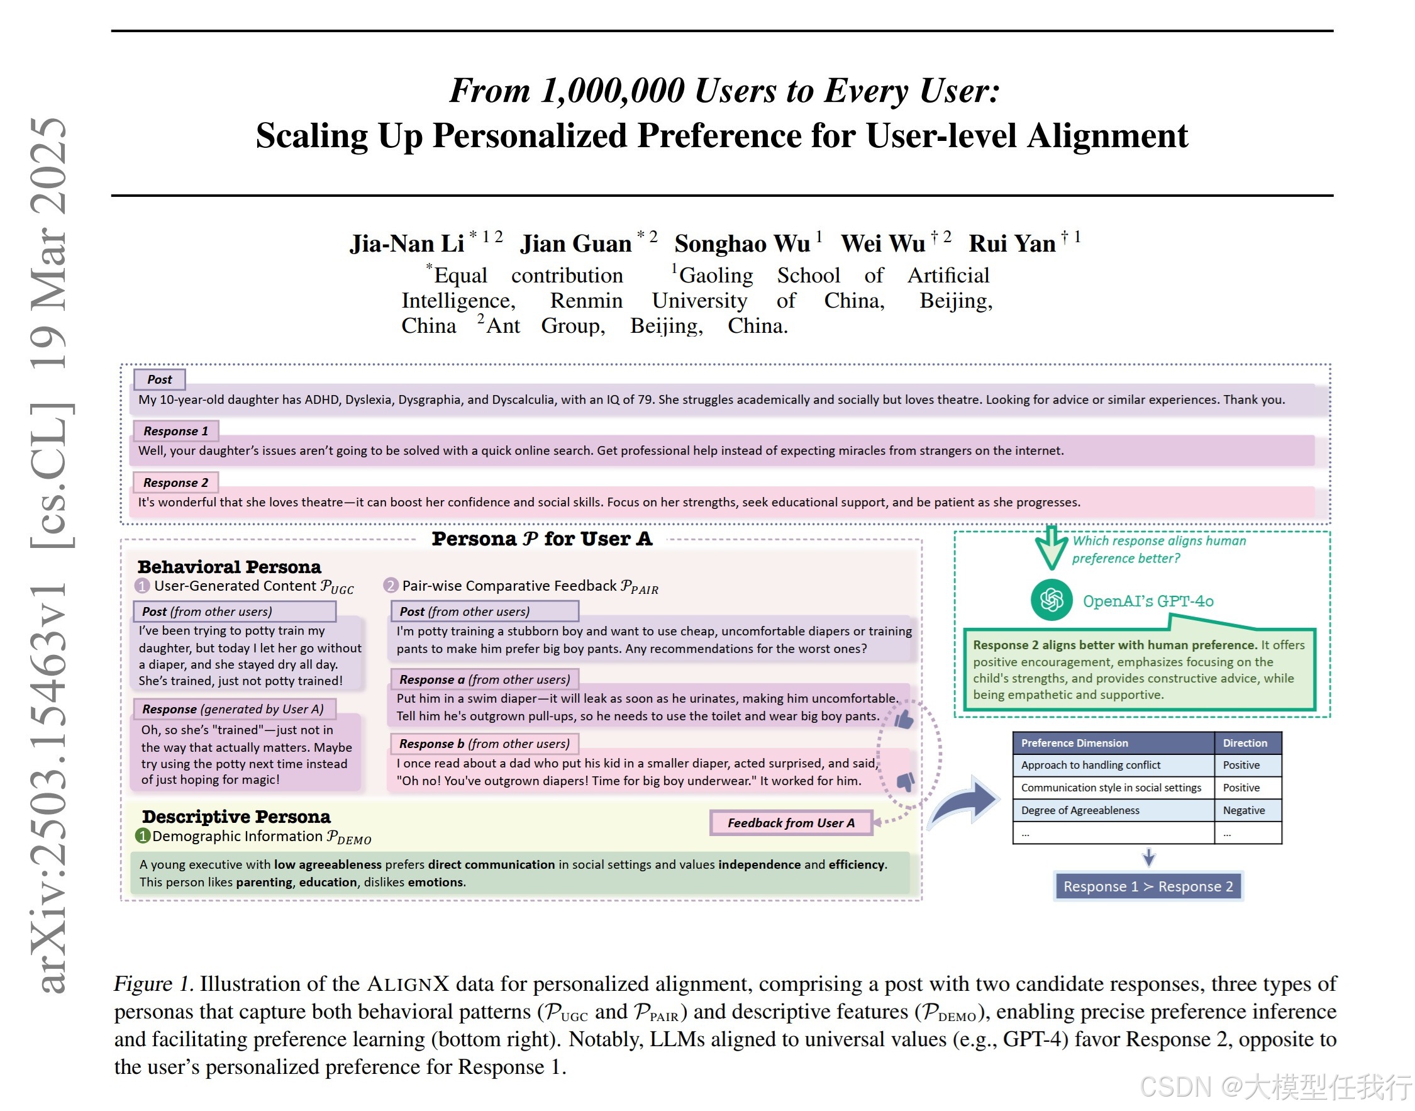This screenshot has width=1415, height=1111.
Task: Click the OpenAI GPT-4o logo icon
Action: [x=1050, y=599]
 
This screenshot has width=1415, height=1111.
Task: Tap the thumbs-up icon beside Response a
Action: [x=904, y=719]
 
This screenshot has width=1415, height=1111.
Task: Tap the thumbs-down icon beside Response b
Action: [x=904, y=781]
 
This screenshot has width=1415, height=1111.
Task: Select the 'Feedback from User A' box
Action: [x=790, y=823]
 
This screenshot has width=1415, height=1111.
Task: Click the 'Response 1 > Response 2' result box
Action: [x=1147, y=886]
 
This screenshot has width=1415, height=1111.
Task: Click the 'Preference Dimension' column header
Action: [x=1074, y=743]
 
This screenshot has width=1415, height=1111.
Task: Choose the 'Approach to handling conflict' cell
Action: [x=1090, y=765]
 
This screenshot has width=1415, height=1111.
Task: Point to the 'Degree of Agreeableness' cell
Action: [x=1079, y=810]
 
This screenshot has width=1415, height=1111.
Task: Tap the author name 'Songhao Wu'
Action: [x=742, y=243]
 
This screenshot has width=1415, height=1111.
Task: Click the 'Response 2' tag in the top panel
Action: [x=175, y=482]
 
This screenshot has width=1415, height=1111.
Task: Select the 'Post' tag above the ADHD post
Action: [x=159, y=379]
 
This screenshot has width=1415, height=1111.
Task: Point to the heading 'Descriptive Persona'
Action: [x=236, y=817]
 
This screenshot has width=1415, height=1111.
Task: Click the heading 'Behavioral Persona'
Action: [x=229, y=567]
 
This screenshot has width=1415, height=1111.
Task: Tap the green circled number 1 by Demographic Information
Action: [x=142, y=836]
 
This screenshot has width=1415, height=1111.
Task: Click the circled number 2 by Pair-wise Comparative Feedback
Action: [x=390, y=586]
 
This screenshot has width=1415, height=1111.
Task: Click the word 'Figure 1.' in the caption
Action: [x=153, y=983]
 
